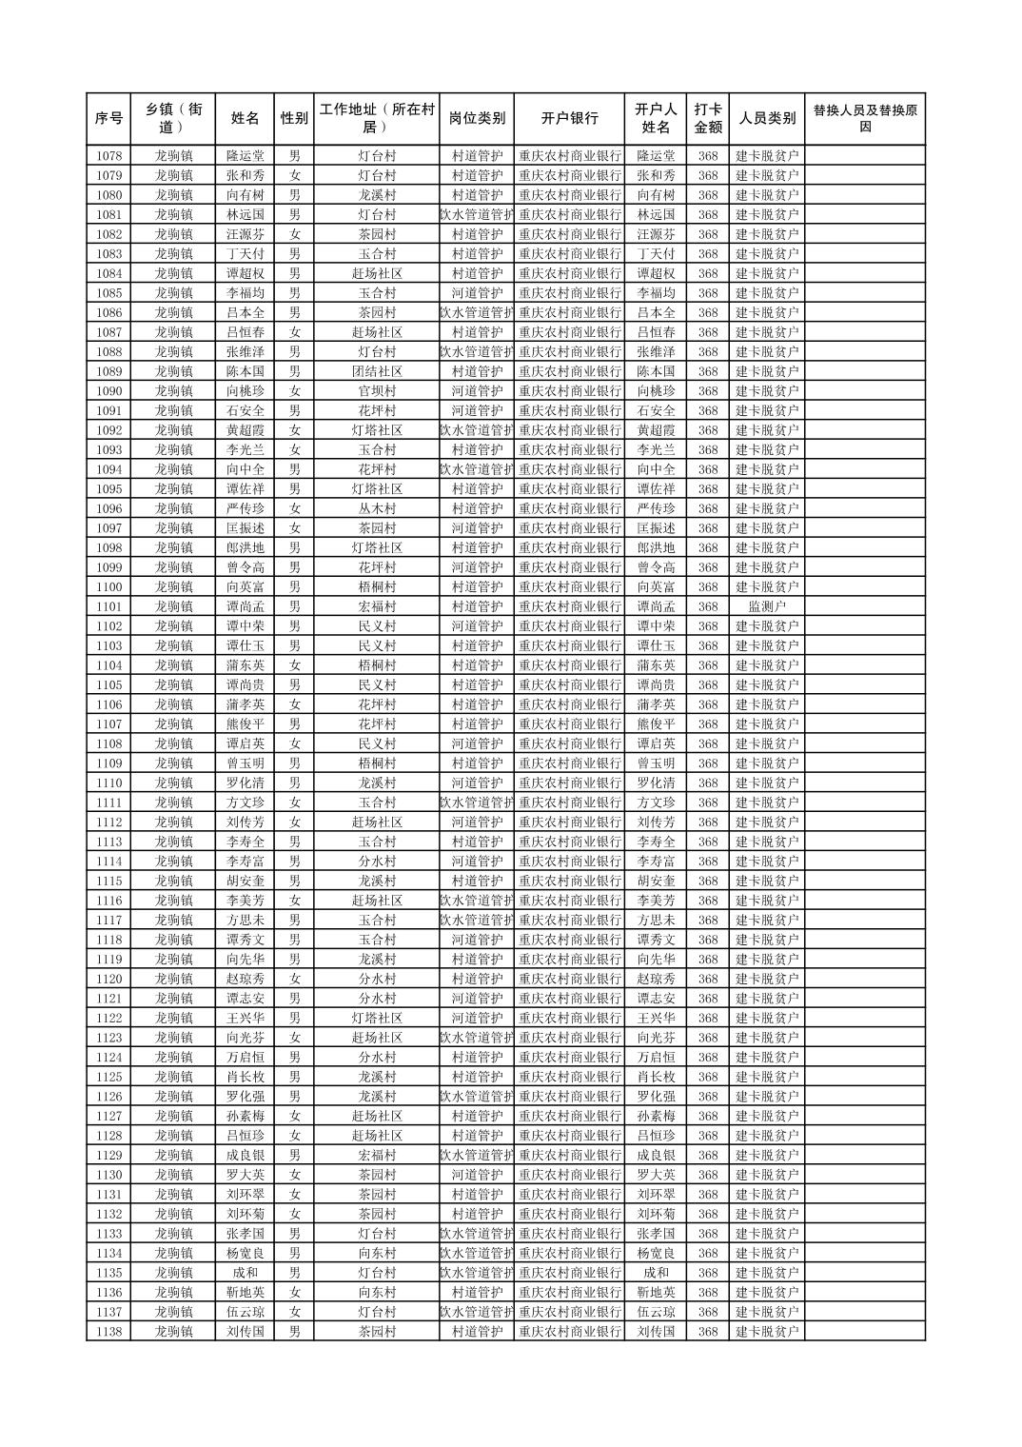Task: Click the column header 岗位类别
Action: pos(477,119)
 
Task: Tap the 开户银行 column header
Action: pos(569,119)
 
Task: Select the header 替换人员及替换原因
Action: pos(864,119)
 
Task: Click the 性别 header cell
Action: pos(294,119)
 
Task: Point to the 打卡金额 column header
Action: pos(707,119)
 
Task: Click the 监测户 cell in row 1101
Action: pos(767,606)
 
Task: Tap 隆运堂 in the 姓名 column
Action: pos(245,156)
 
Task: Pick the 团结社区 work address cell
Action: pos(377,371)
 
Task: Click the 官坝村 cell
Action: pos(377,391)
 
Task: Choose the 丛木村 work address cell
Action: pos(377,508)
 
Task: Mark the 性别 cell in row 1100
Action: pos(294,587)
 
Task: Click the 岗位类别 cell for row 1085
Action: pos(477,293)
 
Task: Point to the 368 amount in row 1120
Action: pos(707,979)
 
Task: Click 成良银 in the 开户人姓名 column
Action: pos(656,1156)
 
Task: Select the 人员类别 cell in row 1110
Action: pos(767,783)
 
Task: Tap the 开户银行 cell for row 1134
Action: pos(569,1254)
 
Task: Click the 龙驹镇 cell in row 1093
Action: pos(174,450)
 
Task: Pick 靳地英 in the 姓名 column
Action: pos(245,1293)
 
